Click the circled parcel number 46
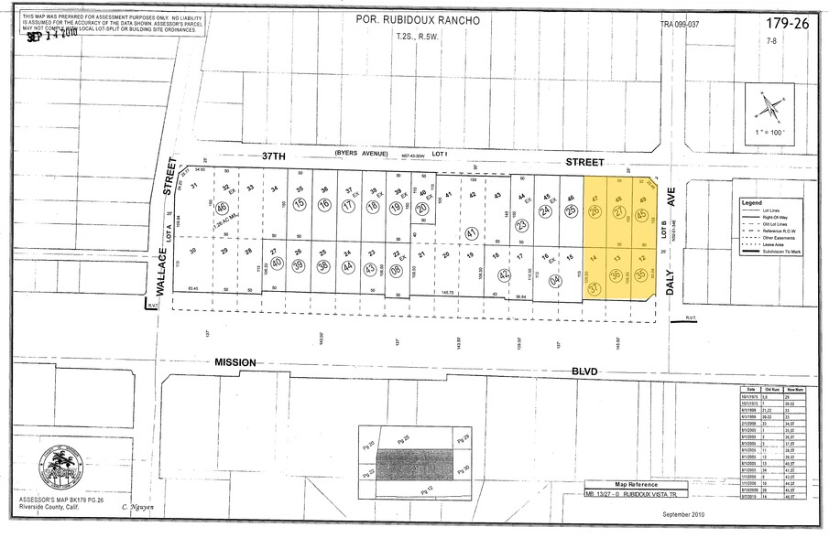[223, 208]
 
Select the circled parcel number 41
[471, 234]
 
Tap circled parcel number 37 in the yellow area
[594, 289]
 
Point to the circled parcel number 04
[555, 282]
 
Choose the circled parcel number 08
[397, 271]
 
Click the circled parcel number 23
[521, 224]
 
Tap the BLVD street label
[583, 371]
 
